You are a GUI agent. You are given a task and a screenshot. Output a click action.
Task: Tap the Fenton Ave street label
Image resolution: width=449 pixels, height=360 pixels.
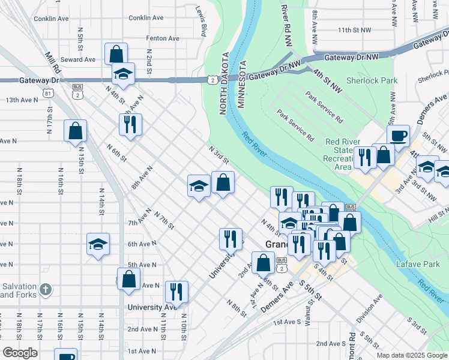[x=162, y=38]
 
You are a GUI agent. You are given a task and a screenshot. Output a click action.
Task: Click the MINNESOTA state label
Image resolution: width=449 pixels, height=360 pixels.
[x=243, y=84]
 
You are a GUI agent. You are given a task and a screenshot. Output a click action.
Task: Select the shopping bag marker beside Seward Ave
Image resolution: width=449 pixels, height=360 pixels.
[x=116, y=53]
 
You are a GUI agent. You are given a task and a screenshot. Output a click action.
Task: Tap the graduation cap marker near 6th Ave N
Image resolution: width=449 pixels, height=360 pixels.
[x=98, y=244]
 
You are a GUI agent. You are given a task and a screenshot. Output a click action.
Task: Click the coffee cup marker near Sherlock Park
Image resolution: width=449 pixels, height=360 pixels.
[x=398, y=136]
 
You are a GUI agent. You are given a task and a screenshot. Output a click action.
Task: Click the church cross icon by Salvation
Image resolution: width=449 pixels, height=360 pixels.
[x=46, y=290]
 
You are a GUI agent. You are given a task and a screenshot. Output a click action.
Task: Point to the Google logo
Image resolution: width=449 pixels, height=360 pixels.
[x=20, y=353]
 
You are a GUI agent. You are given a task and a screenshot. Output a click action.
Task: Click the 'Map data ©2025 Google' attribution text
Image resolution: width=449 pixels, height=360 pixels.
[x=411, y=355]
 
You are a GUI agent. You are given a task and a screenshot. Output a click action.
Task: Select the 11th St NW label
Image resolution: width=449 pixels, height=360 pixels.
[x=355, y=29]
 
